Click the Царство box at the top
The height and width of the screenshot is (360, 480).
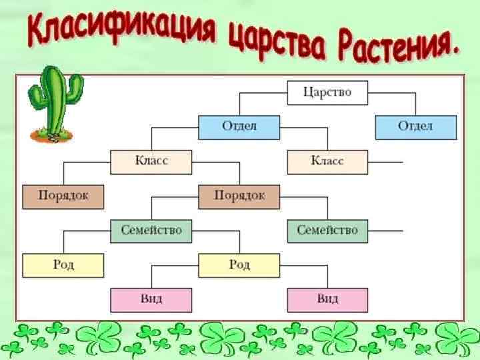coord(327,92)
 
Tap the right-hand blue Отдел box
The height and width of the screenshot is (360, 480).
coord(416,127)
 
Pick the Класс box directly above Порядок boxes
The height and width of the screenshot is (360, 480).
coord(151,161)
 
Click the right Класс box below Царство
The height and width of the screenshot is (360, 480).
coord(327,161)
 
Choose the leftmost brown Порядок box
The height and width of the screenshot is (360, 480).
coord(63,196)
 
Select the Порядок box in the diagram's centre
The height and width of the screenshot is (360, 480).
coord(239,196)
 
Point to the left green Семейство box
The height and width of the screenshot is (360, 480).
coord(151,231)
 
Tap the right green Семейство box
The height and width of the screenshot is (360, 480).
coord(327,231)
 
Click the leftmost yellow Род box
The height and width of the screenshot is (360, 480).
coord(63,265)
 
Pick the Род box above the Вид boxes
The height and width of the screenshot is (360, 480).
coord(239,265)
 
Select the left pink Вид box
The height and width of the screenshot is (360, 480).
coord(151,299)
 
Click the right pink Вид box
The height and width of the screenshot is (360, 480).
coord(327,299)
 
